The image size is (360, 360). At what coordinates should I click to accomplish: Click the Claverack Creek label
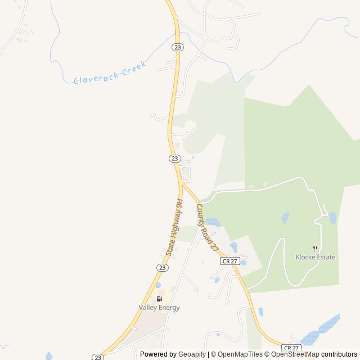(x=110, y=73)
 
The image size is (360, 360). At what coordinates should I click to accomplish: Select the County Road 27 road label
(x=206, y=227)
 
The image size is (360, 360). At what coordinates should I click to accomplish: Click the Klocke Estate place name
(x=315, y=257)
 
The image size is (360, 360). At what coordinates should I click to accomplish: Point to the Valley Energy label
(x=159, y=308)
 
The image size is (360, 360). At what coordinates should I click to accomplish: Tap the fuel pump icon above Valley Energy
(x=159, y=299)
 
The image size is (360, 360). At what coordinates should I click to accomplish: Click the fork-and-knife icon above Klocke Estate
(x=315, y=248)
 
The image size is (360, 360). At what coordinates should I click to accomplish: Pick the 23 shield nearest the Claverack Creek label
(x=178, y=47)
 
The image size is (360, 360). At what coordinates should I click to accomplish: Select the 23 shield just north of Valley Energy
(x=162, y=268)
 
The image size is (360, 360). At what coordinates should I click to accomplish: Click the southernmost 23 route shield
(x=98, y=357)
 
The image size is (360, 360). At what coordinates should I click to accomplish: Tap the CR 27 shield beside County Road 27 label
(x=230, y=261)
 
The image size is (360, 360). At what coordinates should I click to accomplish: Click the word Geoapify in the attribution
(x=192, y=354)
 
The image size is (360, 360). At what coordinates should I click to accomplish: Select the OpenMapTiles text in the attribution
(x=240, y=354)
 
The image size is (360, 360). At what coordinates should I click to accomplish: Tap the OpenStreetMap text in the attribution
(x=295, y=354)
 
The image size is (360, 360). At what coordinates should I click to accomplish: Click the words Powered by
(x=157, y=354)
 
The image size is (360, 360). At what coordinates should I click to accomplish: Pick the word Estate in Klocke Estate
(x=325, y=257)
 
